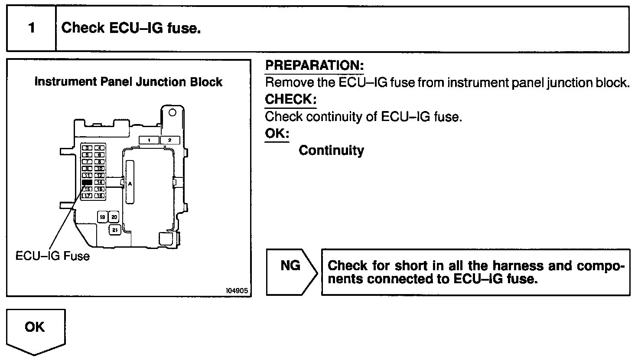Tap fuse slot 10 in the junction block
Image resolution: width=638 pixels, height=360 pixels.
coord(100,169)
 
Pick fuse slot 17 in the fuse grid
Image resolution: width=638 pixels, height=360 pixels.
coord(88,196)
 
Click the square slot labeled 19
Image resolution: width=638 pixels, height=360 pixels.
coord(103,216)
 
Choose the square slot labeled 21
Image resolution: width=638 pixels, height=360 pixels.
coord(114,230)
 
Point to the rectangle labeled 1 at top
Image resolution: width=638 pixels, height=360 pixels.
coord(149,140)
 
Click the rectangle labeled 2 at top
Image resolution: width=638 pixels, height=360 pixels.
coord(170,140)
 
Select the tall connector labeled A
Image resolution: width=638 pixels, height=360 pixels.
coord(130,183)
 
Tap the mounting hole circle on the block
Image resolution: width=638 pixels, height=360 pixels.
coord(172,113)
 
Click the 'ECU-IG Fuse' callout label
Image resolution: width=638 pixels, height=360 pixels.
coord(52,255)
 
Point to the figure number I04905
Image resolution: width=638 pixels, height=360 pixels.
coord(237,290)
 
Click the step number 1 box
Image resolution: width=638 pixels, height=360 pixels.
coord(31,29)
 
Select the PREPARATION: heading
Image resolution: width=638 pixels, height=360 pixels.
coord(314,65)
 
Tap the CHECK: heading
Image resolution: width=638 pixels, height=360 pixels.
coord(290,99)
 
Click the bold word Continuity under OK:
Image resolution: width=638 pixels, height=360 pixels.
coord(331,151)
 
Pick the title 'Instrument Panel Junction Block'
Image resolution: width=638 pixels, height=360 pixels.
coord(128,82)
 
